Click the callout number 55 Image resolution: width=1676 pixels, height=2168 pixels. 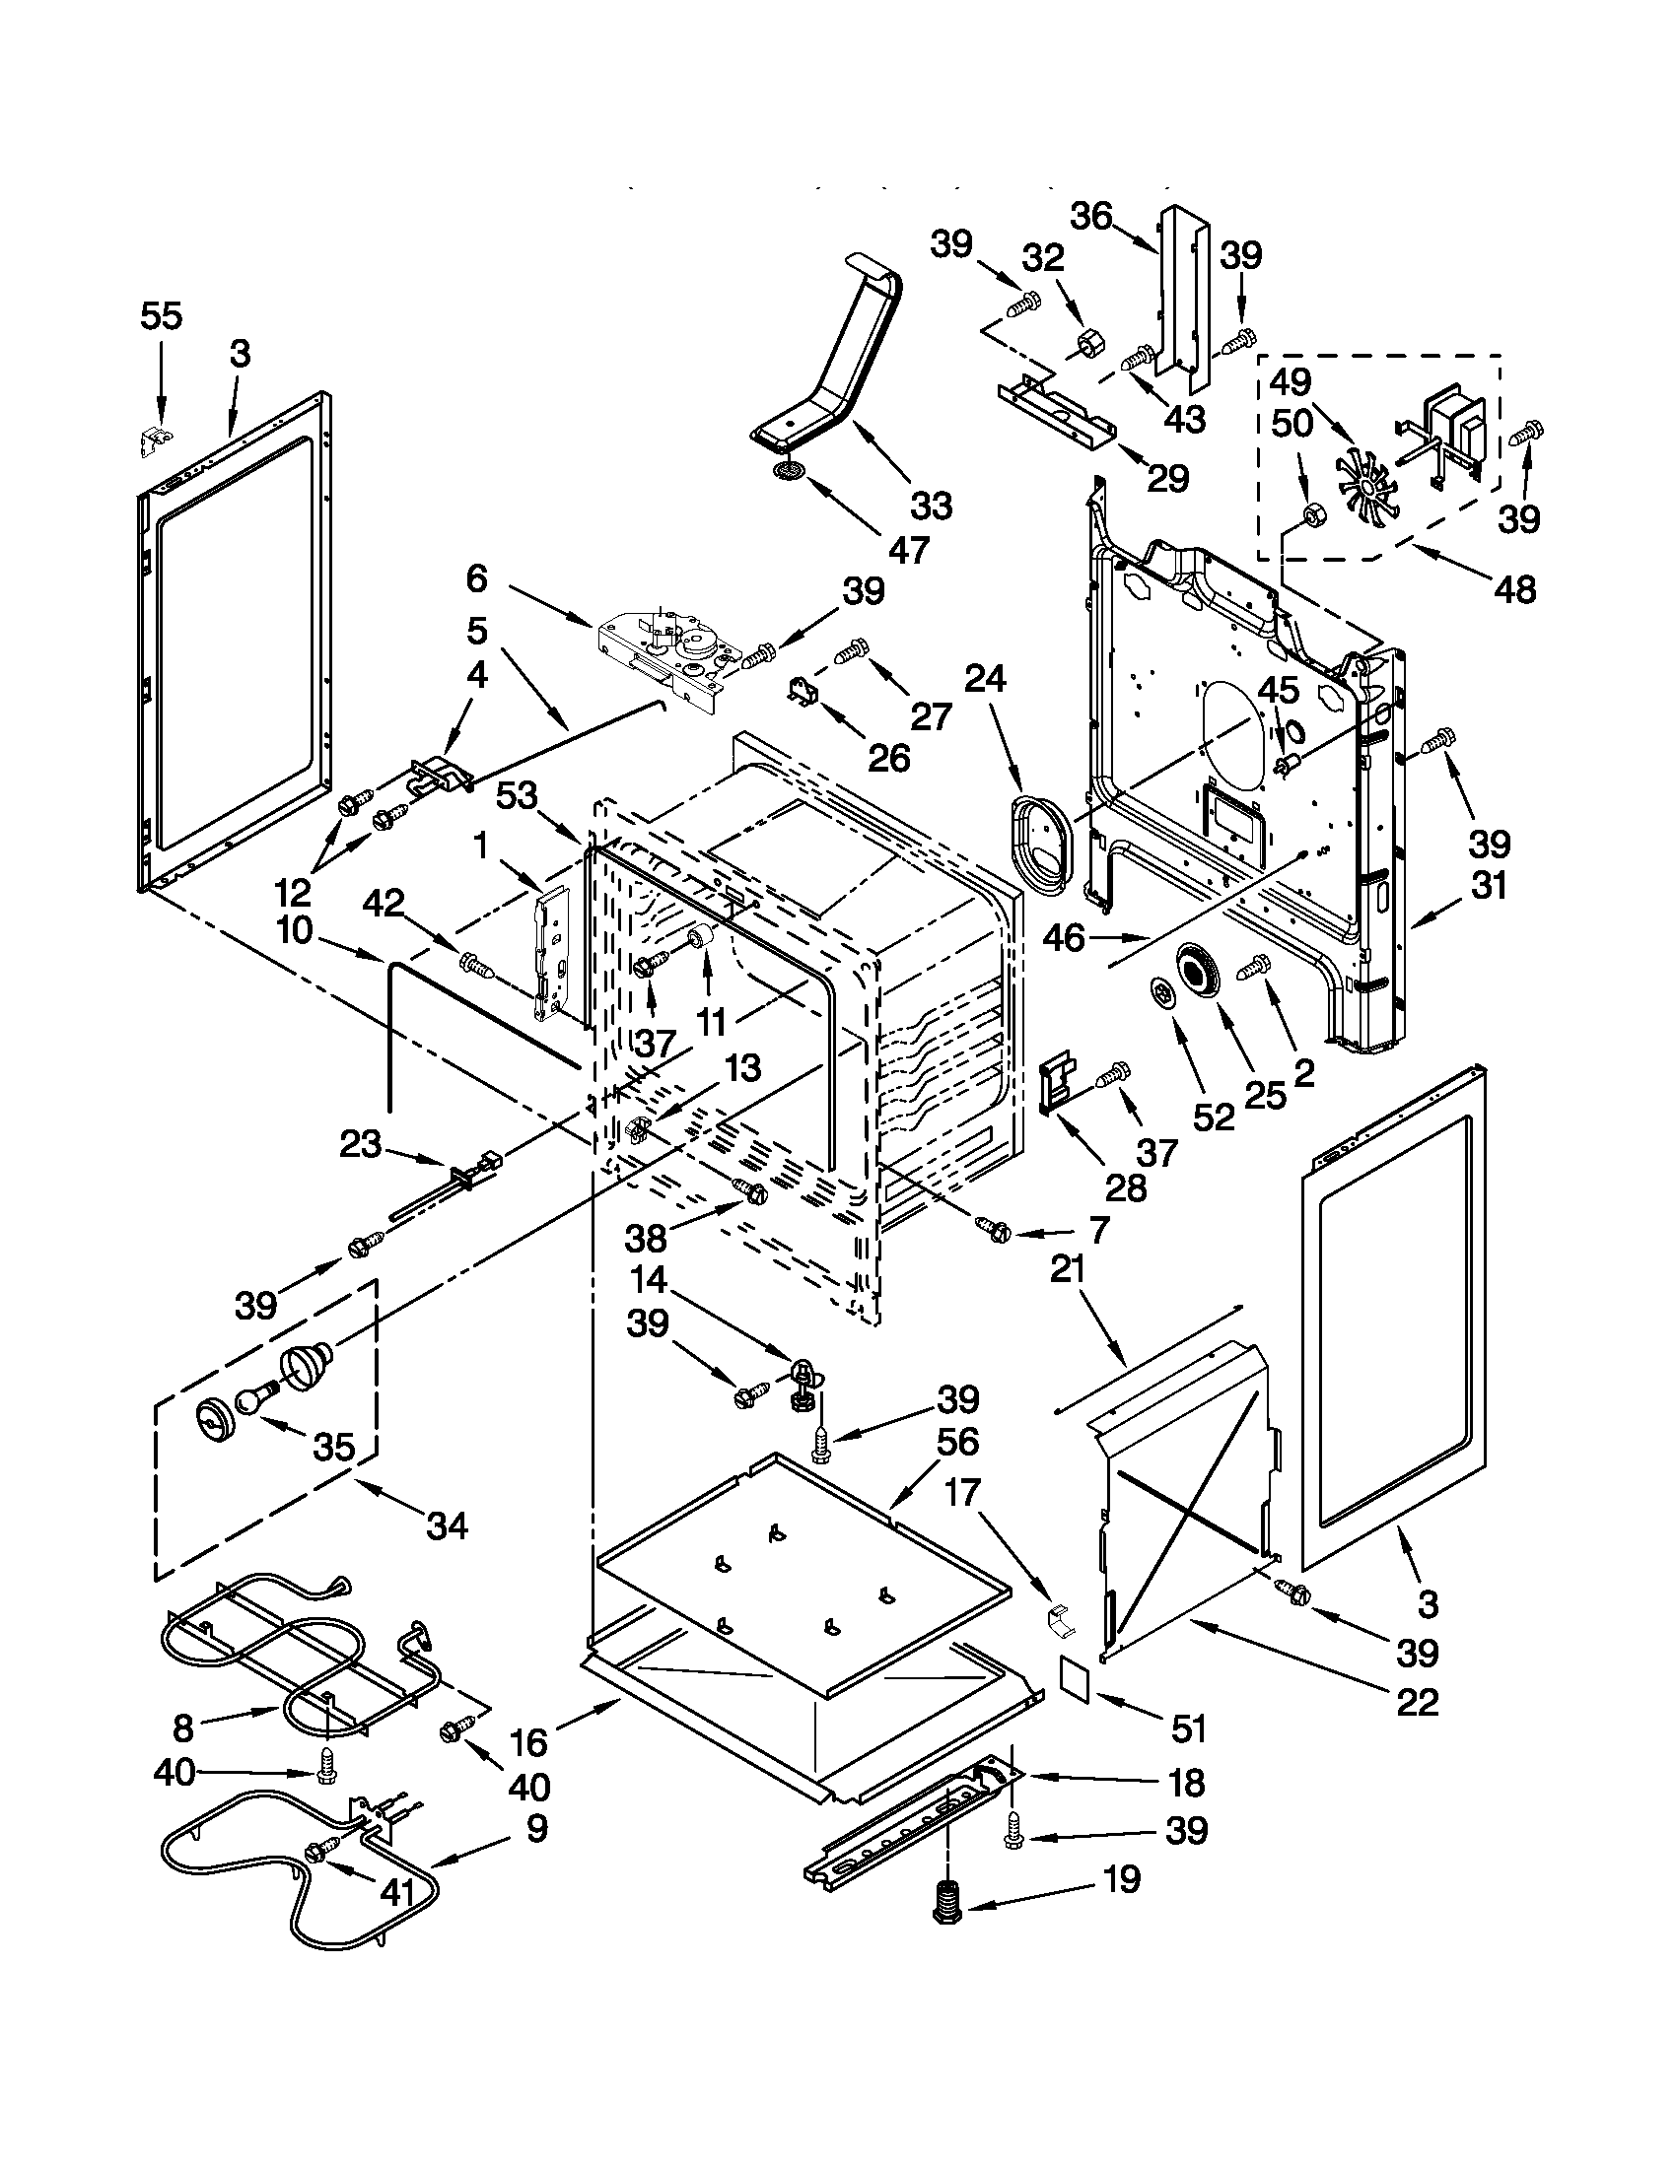click(161, 316)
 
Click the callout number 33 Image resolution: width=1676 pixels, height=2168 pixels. click(931, 506)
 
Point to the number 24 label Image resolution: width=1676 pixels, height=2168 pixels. click(984, 679)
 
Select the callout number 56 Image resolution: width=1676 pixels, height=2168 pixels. click(957, 1441)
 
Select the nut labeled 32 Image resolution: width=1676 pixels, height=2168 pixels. click(1085, 344)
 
